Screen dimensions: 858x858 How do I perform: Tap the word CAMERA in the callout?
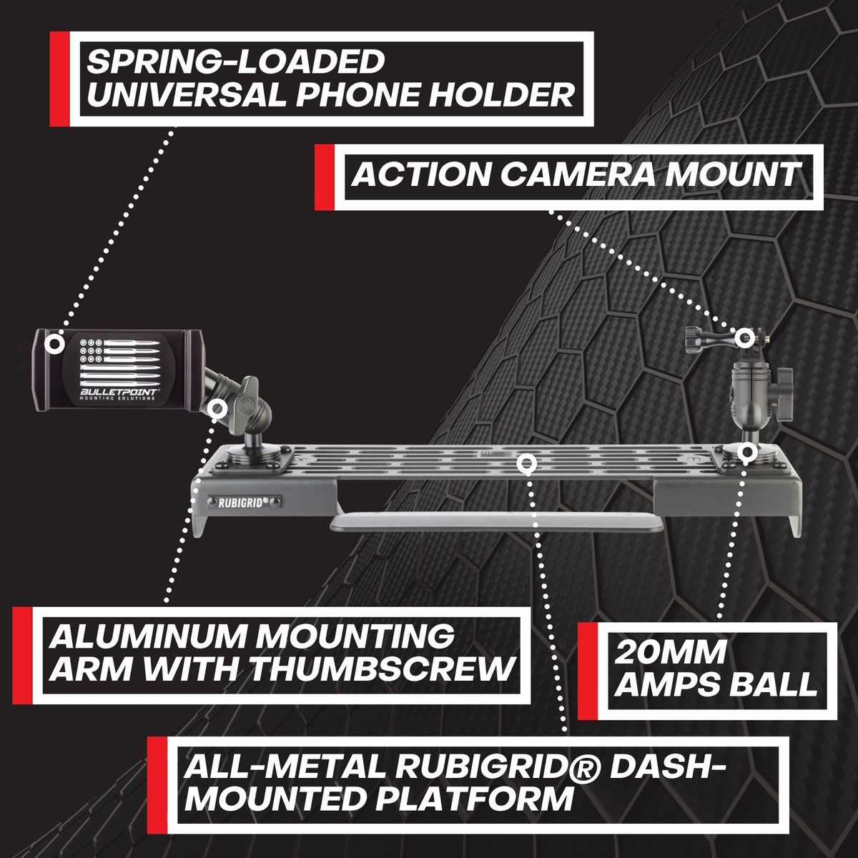click(572, 174)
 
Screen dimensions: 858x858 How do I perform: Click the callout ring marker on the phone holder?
click(52, 344)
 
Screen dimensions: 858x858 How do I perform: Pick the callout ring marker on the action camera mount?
click(744, 336)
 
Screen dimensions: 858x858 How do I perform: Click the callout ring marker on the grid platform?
click(527, 464)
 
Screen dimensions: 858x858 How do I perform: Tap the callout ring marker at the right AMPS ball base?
click(747, 452)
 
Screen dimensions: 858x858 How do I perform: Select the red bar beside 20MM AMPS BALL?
click(587, 670)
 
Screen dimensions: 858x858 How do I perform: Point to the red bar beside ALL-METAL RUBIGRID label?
click(157, 784)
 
